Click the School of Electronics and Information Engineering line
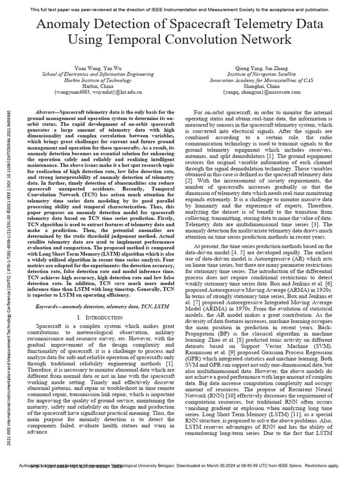pos(97,74)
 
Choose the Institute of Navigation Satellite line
pos(261,74)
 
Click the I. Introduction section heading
pos(97,317)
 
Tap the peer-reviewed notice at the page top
pos(180,9)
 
